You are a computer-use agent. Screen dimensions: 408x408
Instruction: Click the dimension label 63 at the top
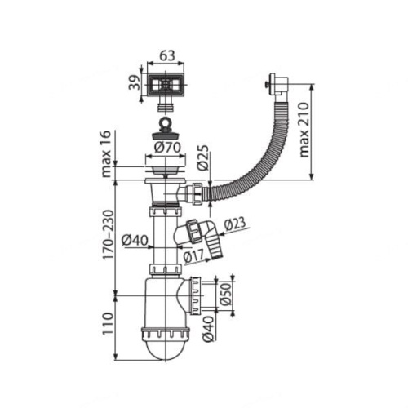pyautogui.click(x=166, y=55)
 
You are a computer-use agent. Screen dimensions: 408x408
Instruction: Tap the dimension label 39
pyautogui.click(x=135, y=82)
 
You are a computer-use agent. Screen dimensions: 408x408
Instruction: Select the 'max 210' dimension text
pyautogui.click(x=304, y=130)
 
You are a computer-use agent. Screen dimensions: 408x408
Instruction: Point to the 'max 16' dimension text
pyautogui.click(x=106, y=153)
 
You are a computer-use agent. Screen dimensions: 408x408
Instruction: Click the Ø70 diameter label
pyautogui.click(x=167, y=148)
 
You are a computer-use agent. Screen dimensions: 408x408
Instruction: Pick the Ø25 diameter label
pyautogui.click(x=203, y=158)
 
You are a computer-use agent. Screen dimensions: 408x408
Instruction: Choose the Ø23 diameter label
pyautogui.click(x=235, y=224)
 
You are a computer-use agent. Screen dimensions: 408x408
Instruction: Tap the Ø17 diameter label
pyautogui.click(x=193, y=256)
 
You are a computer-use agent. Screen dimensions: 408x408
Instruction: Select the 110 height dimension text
pyautogui.click(x=107, y=324)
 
